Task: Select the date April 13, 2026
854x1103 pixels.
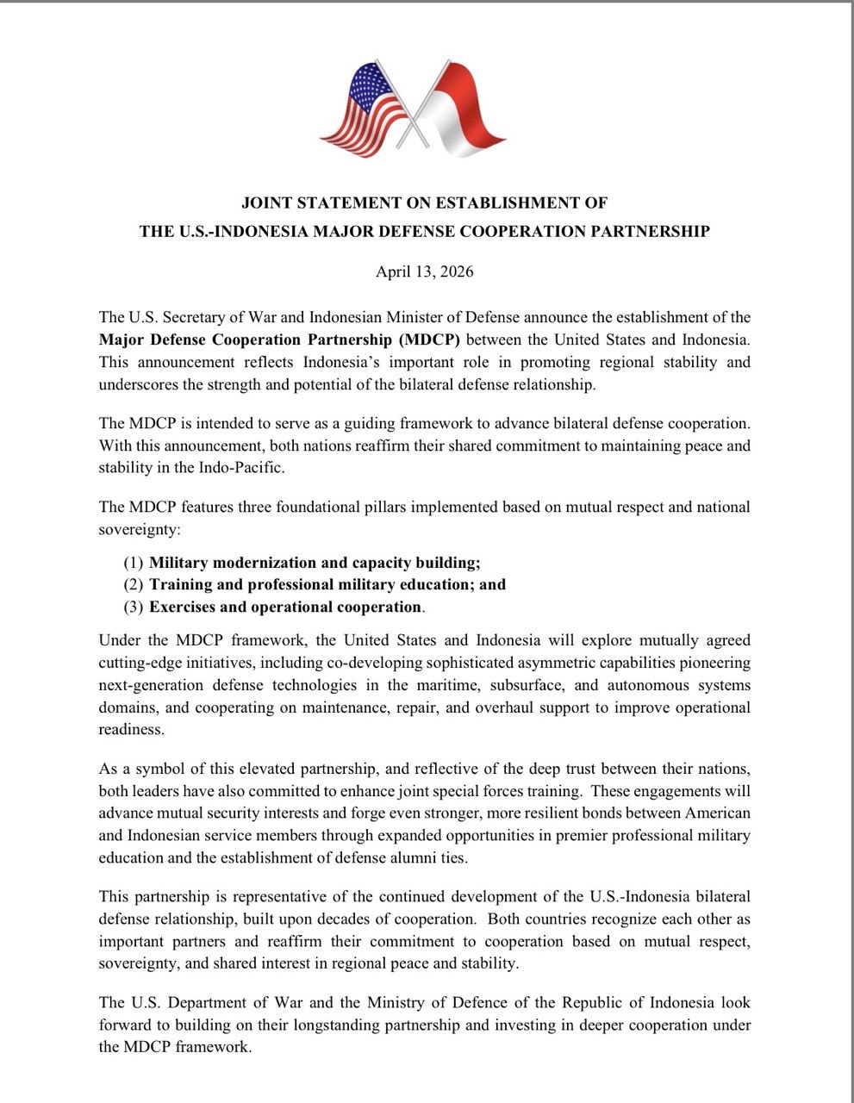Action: (425, 272)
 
